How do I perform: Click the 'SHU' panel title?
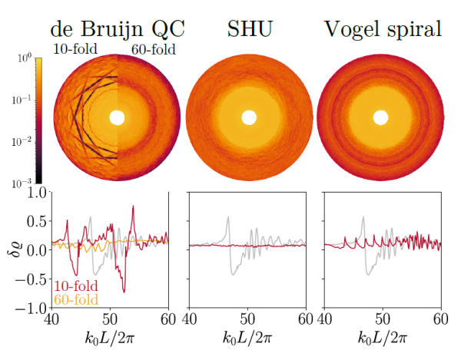247,28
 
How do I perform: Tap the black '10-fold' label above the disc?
75,50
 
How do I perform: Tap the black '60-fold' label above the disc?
154,50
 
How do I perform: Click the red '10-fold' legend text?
75,286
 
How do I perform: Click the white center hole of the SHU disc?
248,117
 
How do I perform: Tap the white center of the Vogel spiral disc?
380,117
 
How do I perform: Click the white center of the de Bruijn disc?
118,117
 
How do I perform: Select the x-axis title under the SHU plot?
247,337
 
